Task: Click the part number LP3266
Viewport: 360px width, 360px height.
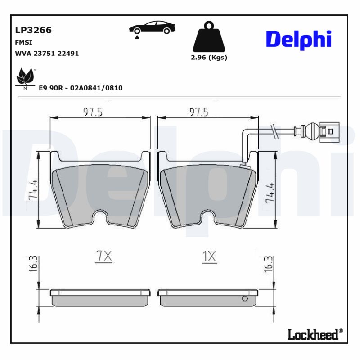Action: (x=34, y=30)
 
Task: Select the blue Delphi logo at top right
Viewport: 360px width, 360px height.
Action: (x=298, y=40)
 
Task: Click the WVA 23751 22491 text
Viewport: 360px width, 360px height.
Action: (x=47, y=53)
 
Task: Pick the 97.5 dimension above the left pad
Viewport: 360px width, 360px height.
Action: (x=93, y=112)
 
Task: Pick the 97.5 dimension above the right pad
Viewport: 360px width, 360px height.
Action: (x=198, y=112)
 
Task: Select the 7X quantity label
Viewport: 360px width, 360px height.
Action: (x=103, y=256)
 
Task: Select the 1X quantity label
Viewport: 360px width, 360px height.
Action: (x=209, y=256)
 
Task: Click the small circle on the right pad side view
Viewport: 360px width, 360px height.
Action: (x=245, y=298)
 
